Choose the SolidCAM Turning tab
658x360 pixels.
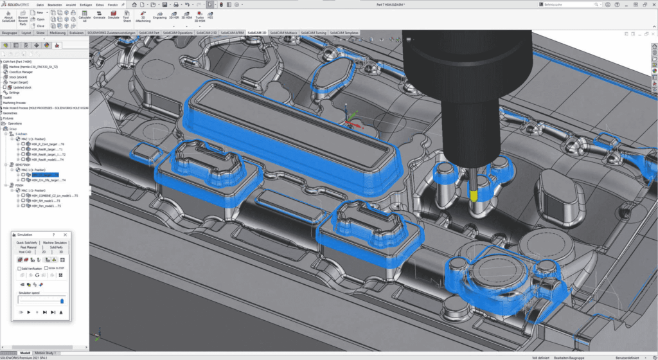(313, 32)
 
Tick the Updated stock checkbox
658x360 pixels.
(6, 87)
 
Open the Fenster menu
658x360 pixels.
(112, 4)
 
